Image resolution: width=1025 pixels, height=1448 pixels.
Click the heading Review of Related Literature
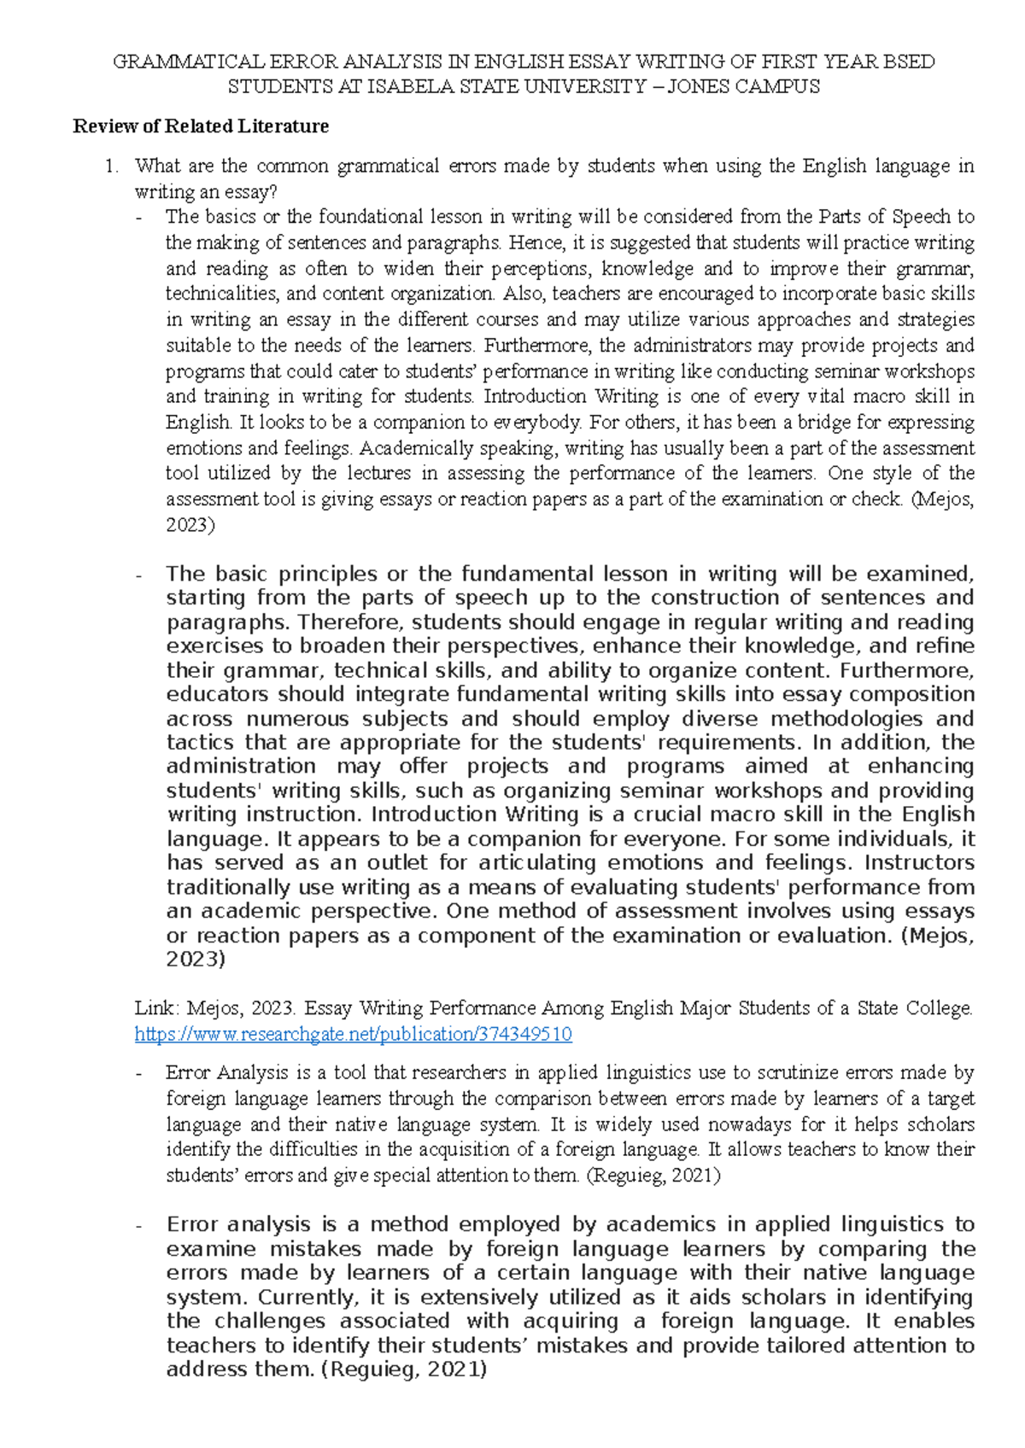201,126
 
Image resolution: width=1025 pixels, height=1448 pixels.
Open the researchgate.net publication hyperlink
353,1035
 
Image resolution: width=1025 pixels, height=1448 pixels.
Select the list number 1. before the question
110,166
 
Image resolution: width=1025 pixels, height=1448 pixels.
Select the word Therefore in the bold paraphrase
341,622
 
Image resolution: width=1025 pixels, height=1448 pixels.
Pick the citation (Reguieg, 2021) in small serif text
653,1176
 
